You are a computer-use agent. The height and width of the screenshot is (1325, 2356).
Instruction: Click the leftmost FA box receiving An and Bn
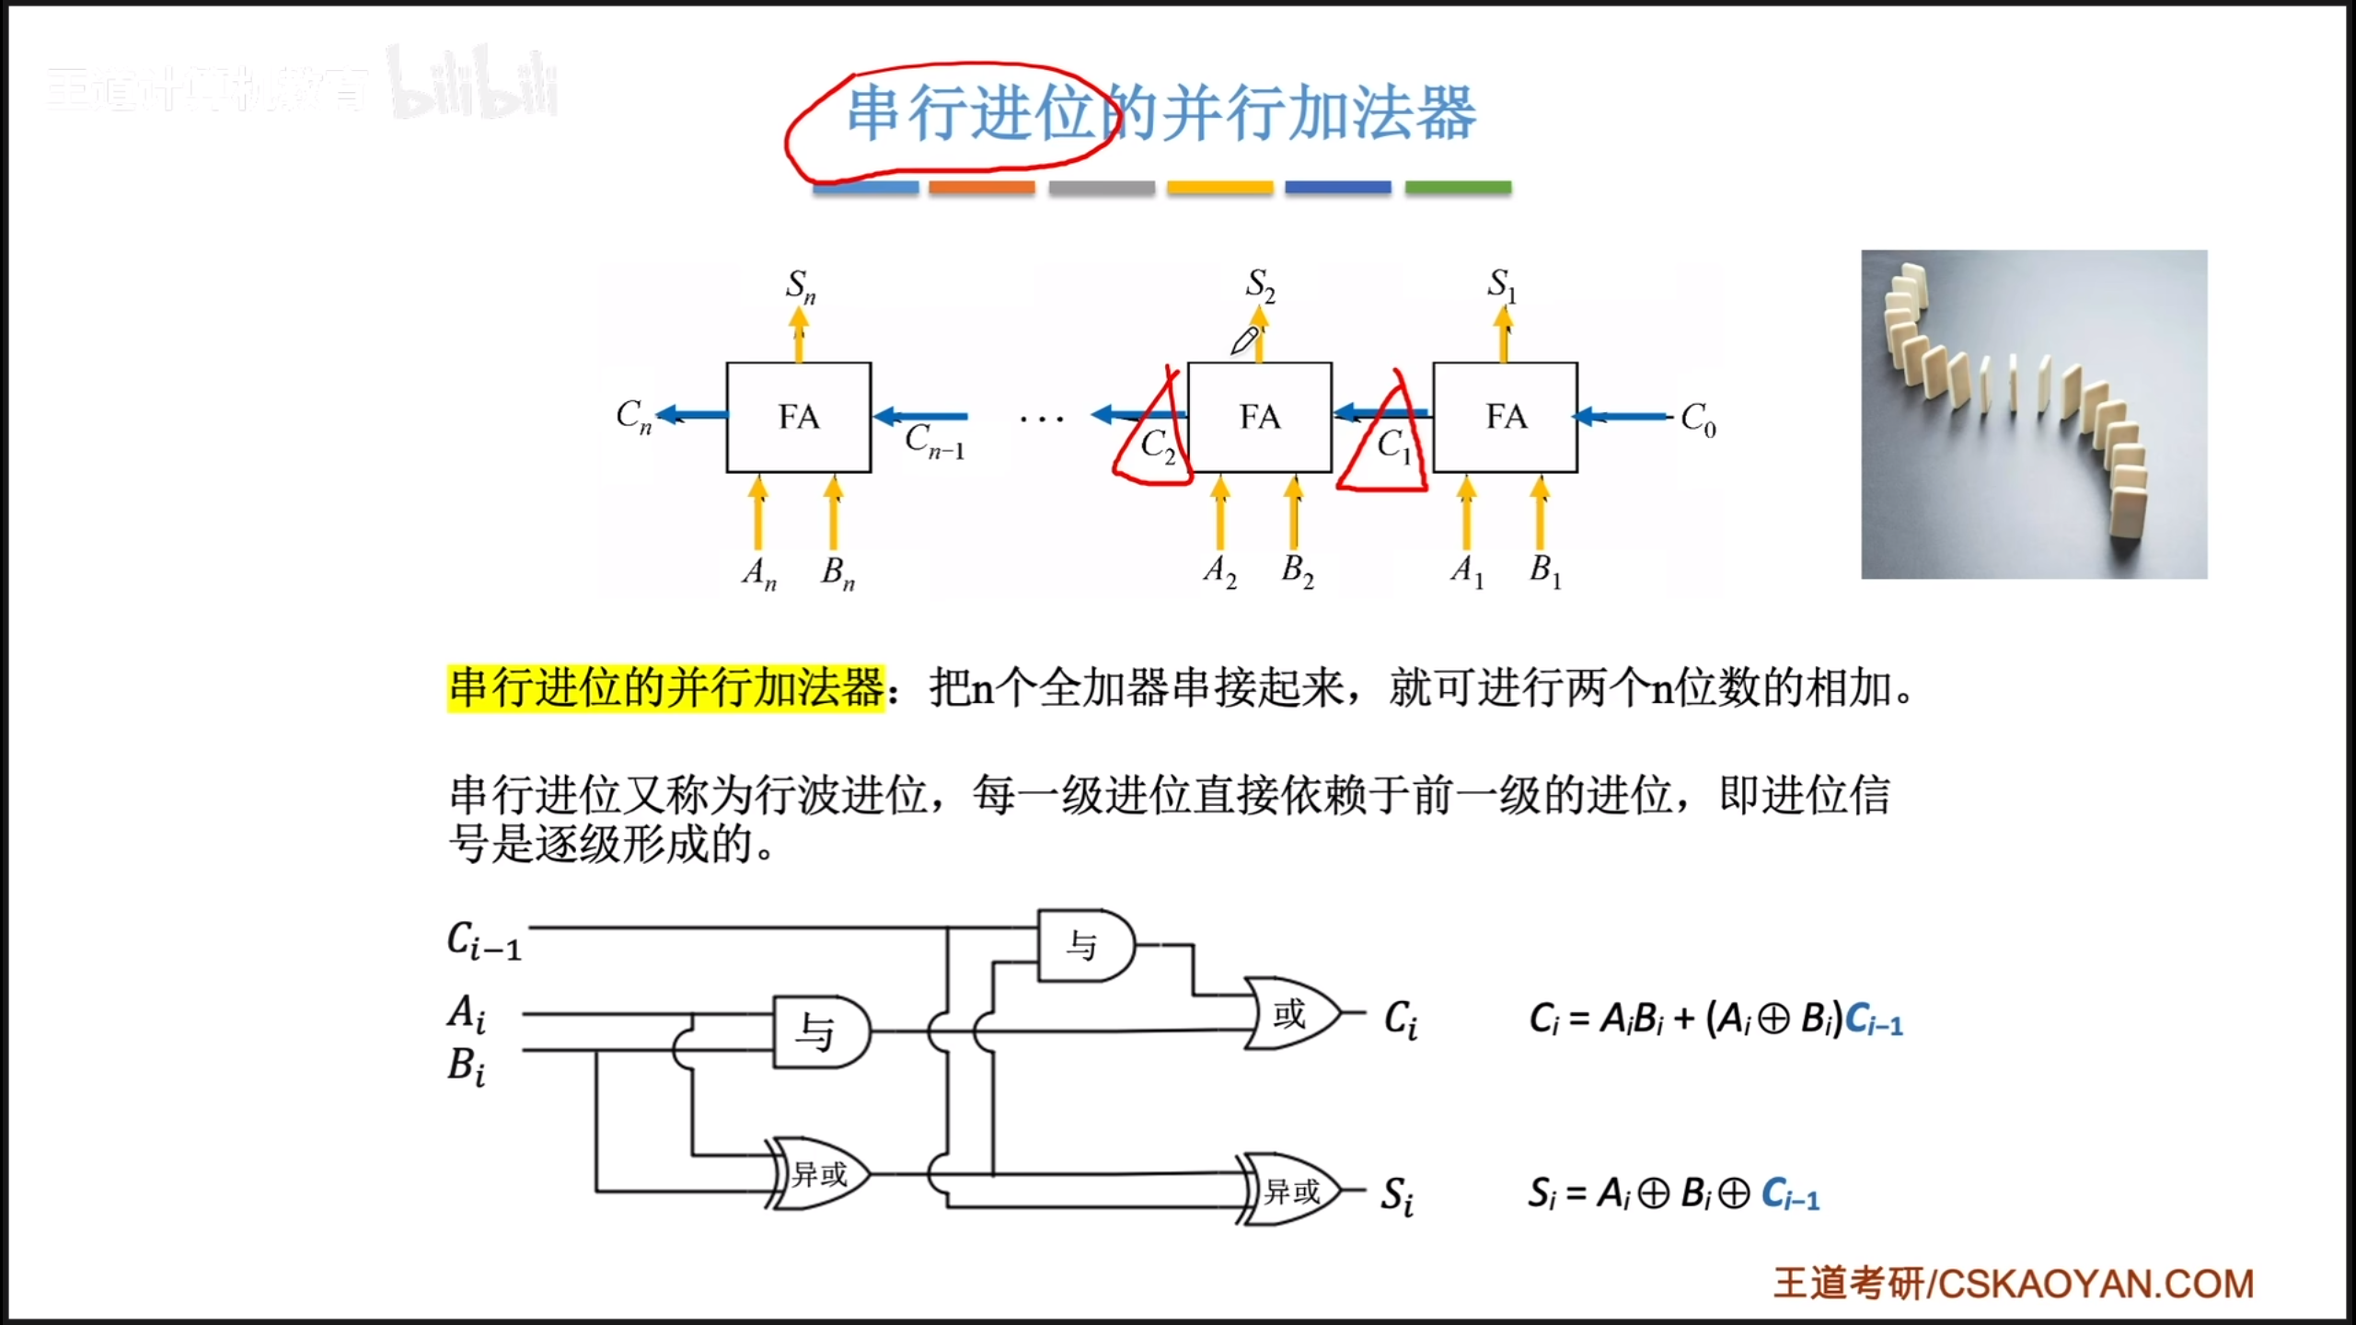point(798,417)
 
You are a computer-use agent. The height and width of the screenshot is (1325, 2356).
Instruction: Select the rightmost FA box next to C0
point(1505,417)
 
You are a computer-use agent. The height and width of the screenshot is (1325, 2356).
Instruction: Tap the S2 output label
point(1260,284)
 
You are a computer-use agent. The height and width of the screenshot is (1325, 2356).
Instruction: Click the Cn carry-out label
point(633,416)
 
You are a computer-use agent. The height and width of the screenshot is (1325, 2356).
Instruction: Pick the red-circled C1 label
point(1392,445)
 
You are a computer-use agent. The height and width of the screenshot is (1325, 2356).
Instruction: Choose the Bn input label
point(837,572)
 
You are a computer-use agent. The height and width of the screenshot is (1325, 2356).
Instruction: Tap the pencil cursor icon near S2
point(1244,341)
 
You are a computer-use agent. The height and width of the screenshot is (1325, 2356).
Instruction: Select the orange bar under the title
point(981,188)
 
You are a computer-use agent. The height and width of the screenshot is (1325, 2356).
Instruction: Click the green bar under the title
point(1458,188)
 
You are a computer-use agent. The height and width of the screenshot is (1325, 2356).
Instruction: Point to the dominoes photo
point(2034,414)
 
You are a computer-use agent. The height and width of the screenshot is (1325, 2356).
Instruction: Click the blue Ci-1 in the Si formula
point(1790,1194)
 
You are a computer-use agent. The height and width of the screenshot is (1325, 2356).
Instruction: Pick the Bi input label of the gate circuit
point(467,1066)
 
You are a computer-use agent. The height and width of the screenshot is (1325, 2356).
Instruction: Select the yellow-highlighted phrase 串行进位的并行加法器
point(666,688)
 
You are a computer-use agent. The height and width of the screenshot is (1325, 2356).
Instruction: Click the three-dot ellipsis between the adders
point(1041,420)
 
